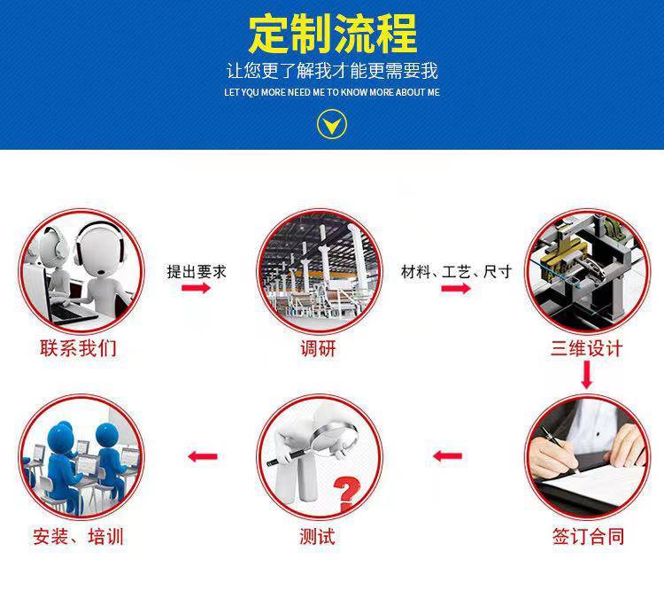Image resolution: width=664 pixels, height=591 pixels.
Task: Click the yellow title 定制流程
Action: click(x=332, y=34)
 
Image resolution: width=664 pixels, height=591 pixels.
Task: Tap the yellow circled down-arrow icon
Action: click(x=332, y=124)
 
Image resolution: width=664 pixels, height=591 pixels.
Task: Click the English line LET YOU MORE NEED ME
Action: click(x=332, y=92)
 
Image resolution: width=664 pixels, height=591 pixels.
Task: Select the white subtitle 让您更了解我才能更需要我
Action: click(x=332, y=70)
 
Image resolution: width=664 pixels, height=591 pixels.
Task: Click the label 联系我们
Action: click(x=78, y=348)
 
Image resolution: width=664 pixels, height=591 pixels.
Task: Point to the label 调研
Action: click(x=319, y=349)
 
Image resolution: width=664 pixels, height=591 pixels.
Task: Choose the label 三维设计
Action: click(x=586, y=348)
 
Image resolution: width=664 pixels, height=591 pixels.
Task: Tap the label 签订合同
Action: click(x=588, y=536)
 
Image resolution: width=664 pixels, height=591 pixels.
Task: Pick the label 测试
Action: click(x=317, y=537)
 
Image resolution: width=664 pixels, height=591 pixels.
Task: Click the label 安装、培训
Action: click(x=78, y=537)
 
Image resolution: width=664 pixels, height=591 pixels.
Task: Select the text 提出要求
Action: click(x=197, y=272)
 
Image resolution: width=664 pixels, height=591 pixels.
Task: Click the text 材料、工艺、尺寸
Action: click(x=457, y=272)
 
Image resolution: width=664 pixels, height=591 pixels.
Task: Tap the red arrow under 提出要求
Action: click(x=196, y=288)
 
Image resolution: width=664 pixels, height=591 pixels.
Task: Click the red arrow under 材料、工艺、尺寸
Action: click(x=456, y=289)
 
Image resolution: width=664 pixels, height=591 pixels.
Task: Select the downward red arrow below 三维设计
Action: click(x=586, y=375)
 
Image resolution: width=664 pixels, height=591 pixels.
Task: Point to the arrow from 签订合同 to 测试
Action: click(x=448, y=456)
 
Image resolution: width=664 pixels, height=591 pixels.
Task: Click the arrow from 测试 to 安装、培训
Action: click(x=203, y=456)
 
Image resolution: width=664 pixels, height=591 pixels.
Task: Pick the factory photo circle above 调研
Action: click(x=320, y=271)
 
